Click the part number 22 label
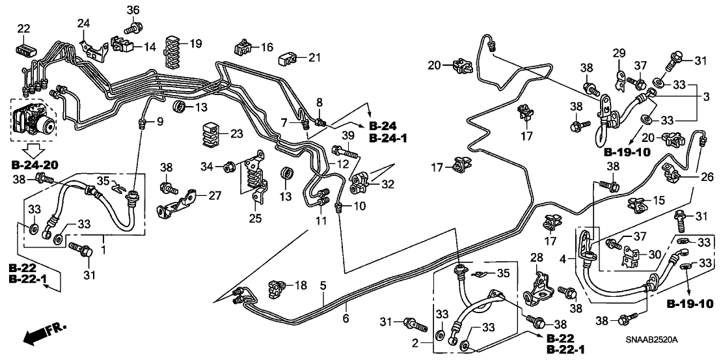24,29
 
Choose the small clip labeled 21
286,60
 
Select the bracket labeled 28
538,289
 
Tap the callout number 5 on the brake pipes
323,286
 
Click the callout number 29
618,53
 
